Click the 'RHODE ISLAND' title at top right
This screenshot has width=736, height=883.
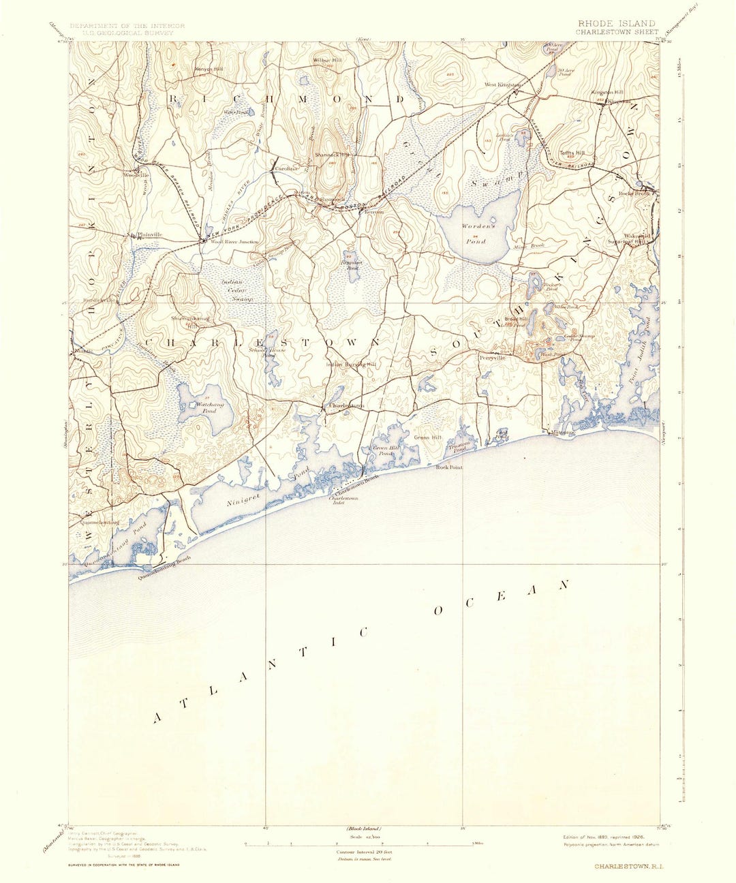coord(616,23)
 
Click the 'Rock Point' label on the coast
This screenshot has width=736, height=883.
coord(449,467)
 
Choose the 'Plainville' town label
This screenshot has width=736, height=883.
coord(149,235)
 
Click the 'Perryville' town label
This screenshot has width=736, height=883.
coord(491,357)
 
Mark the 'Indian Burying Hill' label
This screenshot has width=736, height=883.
coord(351,365)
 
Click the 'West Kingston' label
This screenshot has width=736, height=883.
coord(502,85)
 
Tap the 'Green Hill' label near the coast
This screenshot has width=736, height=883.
coord(428,437)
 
